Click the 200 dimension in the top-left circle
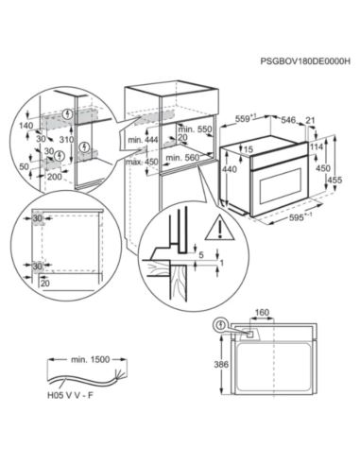53,176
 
